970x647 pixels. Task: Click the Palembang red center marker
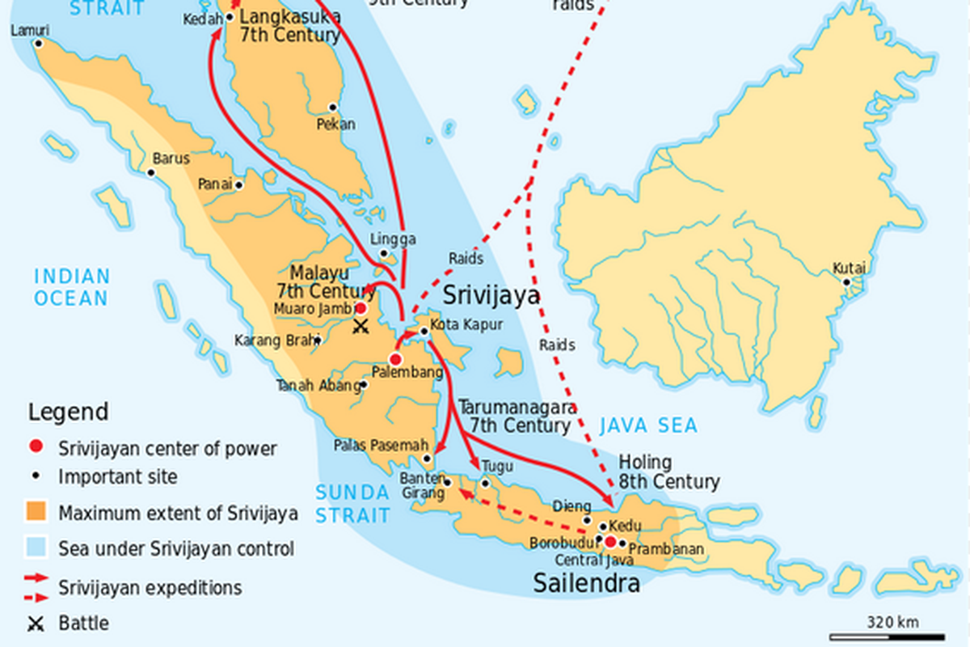(x=395, y=359)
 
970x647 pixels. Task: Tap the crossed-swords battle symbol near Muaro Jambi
(x=361, y=327)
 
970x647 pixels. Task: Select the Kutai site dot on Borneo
(x=846, y=282)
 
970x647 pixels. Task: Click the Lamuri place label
(x=30, y=30)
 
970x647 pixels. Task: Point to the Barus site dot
(x=150, y=172)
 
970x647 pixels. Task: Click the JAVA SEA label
(x=648, y=426)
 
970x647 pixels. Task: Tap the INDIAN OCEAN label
(x=71, y=287)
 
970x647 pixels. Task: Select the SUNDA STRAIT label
(x=352, y=504)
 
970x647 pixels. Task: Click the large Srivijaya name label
(x=491, y=295)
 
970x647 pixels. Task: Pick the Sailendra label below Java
(x=586, y=583)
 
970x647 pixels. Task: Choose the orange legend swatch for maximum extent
(x=36, y=512)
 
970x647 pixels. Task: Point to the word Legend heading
(x=68, y=412)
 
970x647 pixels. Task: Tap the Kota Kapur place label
(x=466, y=324)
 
